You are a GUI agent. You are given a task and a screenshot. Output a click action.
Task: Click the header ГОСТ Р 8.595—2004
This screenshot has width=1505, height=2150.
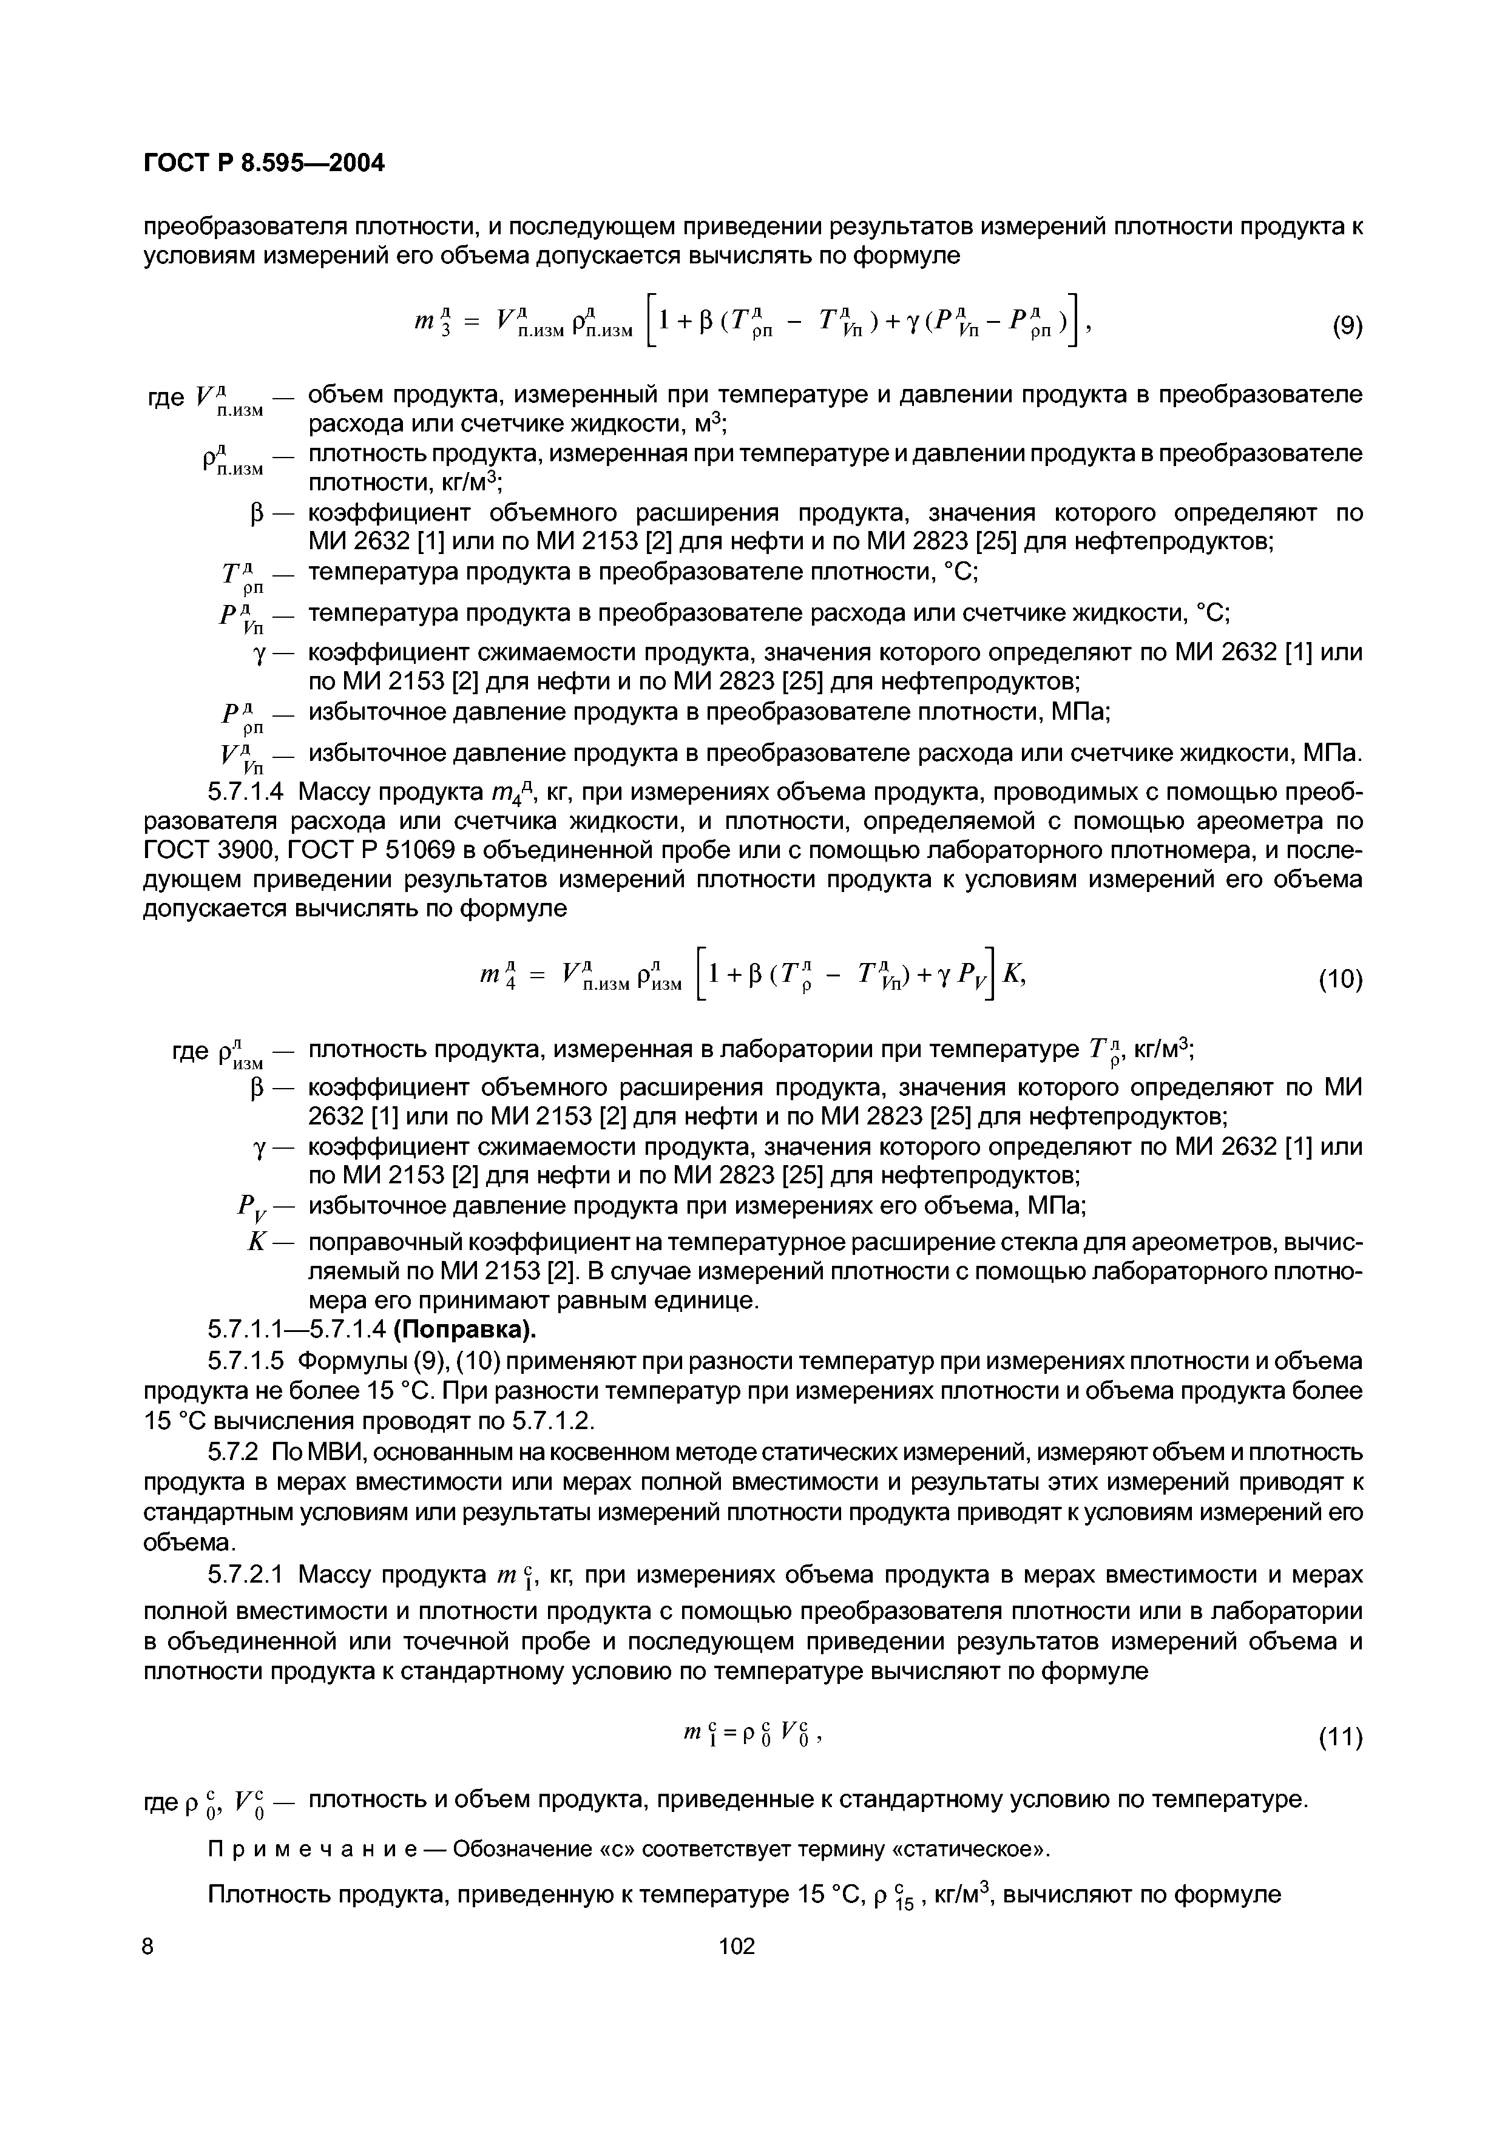263,163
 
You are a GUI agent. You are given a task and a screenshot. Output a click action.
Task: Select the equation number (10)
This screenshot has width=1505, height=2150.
1340,979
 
